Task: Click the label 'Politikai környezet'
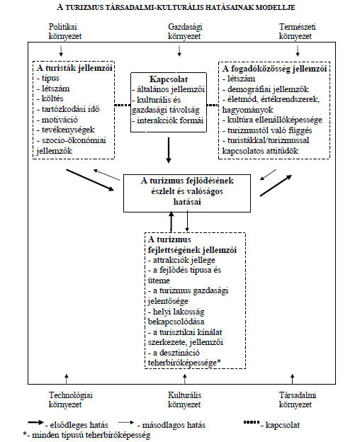pyautogui.click(x=65, y=32)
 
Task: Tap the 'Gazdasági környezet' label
pyautogui.click(x=185, y=32)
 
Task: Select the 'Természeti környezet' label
pyautogui.click(x=297, y=32)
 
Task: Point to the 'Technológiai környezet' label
pyautogui.click(x=70, y=399)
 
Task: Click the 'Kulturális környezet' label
pyautogui.click(x=185, y=399)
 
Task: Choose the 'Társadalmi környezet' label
pyautogui.click(x=297, y=399)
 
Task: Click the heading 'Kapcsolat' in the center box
pyautogui.click(x=169, y=79)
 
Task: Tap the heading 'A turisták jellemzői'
pyautogui.click(x=74, y=68)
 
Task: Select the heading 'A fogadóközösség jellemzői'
pyautogui.click(x=274, y=69)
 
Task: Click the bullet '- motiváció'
pyautogui.click(x=57, y=120)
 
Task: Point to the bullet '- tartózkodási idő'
pyautogui.click(x=68, y=109)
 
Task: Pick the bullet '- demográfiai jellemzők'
pyautogui.click(x=266, y=89)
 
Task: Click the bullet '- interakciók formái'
pyautogui.click(x=168, y=120)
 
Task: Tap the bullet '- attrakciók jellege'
pyautogui.click(x=181, y=260)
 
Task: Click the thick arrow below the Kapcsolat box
pyautogui.click(x=169, y=150)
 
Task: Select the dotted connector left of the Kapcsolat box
pyautogui.click(x=123, y=105)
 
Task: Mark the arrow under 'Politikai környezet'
pyautogui.click(x=61, y=50)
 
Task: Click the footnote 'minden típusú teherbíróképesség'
pyautogui.click(x=91, y=435)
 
